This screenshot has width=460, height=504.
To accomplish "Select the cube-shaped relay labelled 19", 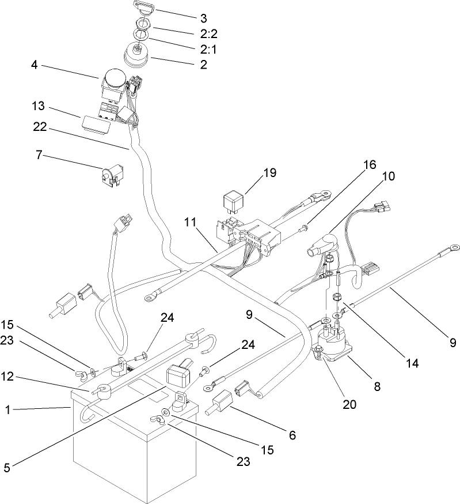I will point(233,204).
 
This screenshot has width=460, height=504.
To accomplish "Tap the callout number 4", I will point(35,65).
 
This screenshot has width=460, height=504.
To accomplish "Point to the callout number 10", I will point(389,176).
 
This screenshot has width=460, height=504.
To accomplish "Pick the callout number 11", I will point(191,221).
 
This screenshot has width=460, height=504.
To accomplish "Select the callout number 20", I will point(349,404).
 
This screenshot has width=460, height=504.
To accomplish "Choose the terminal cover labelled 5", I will point(179,376).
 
